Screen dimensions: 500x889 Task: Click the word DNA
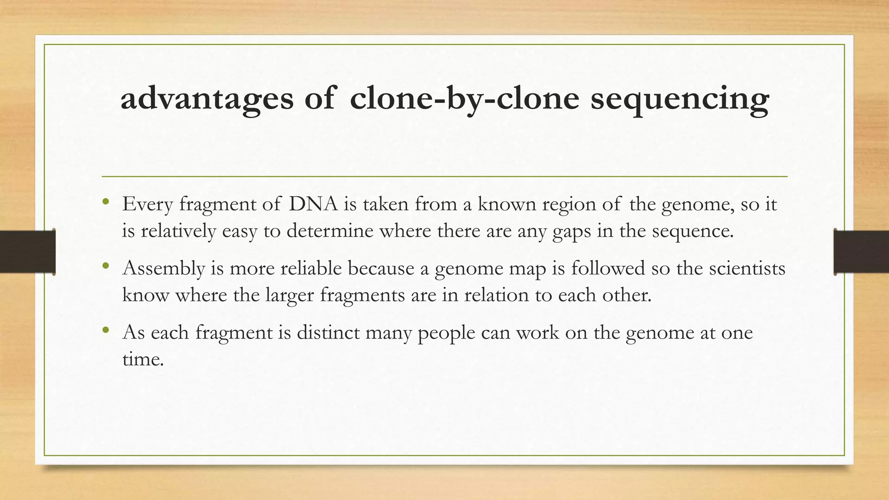(313, 204)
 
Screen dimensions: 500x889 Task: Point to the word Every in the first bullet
(148, 204)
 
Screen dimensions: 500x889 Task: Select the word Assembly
(164, 268)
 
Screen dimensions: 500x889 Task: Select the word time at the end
(142, 359)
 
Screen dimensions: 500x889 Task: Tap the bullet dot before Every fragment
(105, 202)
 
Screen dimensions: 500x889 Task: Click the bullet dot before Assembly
(105, 266)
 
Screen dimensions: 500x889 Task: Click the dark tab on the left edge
(27, 252)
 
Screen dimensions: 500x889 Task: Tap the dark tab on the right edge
(861, 252)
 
